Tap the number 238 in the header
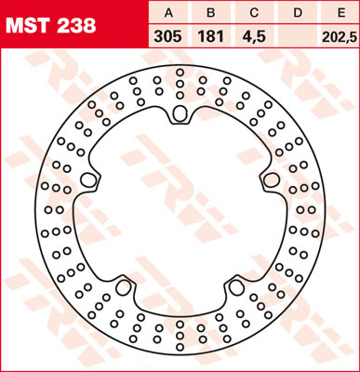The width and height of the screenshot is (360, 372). [x=75, y=26]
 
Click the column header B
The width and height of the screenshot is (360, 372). [x=210, y=14]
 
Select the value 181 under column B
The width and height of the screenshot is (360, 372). [x=210, y=38]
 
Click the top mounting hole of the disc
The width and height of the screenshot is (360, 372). [x=180, y=115]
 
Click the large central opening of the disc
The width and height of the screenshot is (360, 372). [x=180, y=209]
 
